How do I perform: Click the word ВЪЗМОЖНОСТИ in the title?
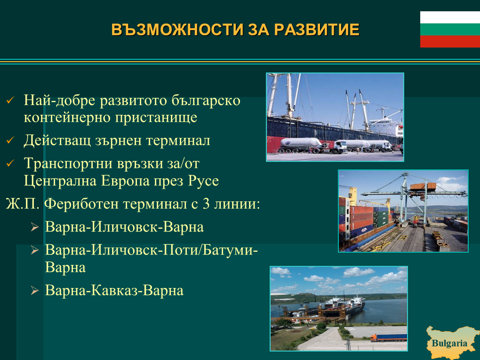[x=177, y=30]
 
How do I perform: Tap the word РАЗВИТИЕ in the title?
[x=317, y=30]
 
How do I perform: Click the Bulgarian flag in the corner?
[x=450, y=29]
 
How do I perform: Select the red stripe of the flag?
[x=450, y=41]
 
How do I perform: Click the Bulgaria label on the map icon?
[x=449, y=343]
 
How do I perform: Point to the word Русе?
[x=203, y=181]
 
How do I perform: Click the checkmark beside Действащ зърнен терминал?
[x=10, y=140]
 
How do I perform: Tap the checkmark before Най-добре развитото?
[x=10, y=100]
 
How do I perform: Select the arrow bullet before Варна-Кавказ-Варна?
[x=35, y=290]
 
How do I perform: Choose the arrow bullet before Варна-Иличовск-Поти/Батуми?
[x=35, y=250]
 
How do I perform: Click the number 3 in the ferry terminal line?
[x=206, y=204]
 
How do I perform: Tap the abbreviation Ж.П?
[x=23, y=204]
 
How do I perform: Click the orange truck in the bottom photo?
[x=388, y=338]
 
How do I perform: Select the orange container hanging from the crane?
[x=423, y=186]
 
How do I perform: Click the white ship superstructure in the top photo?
[x=386, y=123]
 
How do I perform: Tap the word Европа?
[x=125, y=181]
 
